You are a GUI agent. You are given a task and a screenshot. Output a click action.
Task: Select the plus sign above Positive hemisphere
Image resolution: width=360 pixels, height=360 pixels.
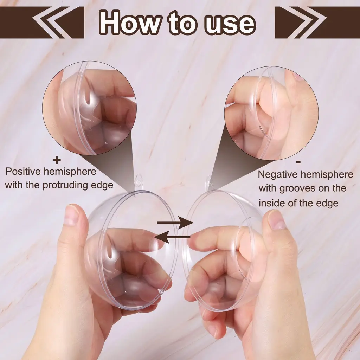[57, 160]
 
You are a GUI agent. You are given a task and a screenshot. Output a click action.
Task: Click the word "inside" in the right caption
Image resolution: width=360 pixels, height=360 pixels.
[271, 203]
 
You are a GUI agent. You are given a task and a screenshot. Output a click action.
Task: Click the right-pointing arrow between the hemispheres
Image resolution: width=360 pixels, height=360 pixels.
[175, 223]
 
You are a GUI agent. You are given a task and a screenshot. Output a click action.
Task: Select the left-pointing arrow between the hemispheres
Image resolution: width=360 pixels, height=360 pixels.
[172, 237]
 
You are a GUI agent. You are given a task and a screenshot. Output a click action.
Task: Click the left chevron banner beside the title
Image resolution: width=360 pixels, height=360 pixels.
[42, 22]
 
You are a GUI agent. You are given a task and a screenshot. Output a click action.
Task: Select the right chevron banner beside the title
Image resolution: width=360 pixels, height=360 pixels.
[317, 22]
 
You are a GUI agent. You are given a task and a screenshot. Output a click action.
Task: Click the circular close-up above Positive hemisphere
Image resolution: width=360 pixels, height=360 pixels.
[90, 108]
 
